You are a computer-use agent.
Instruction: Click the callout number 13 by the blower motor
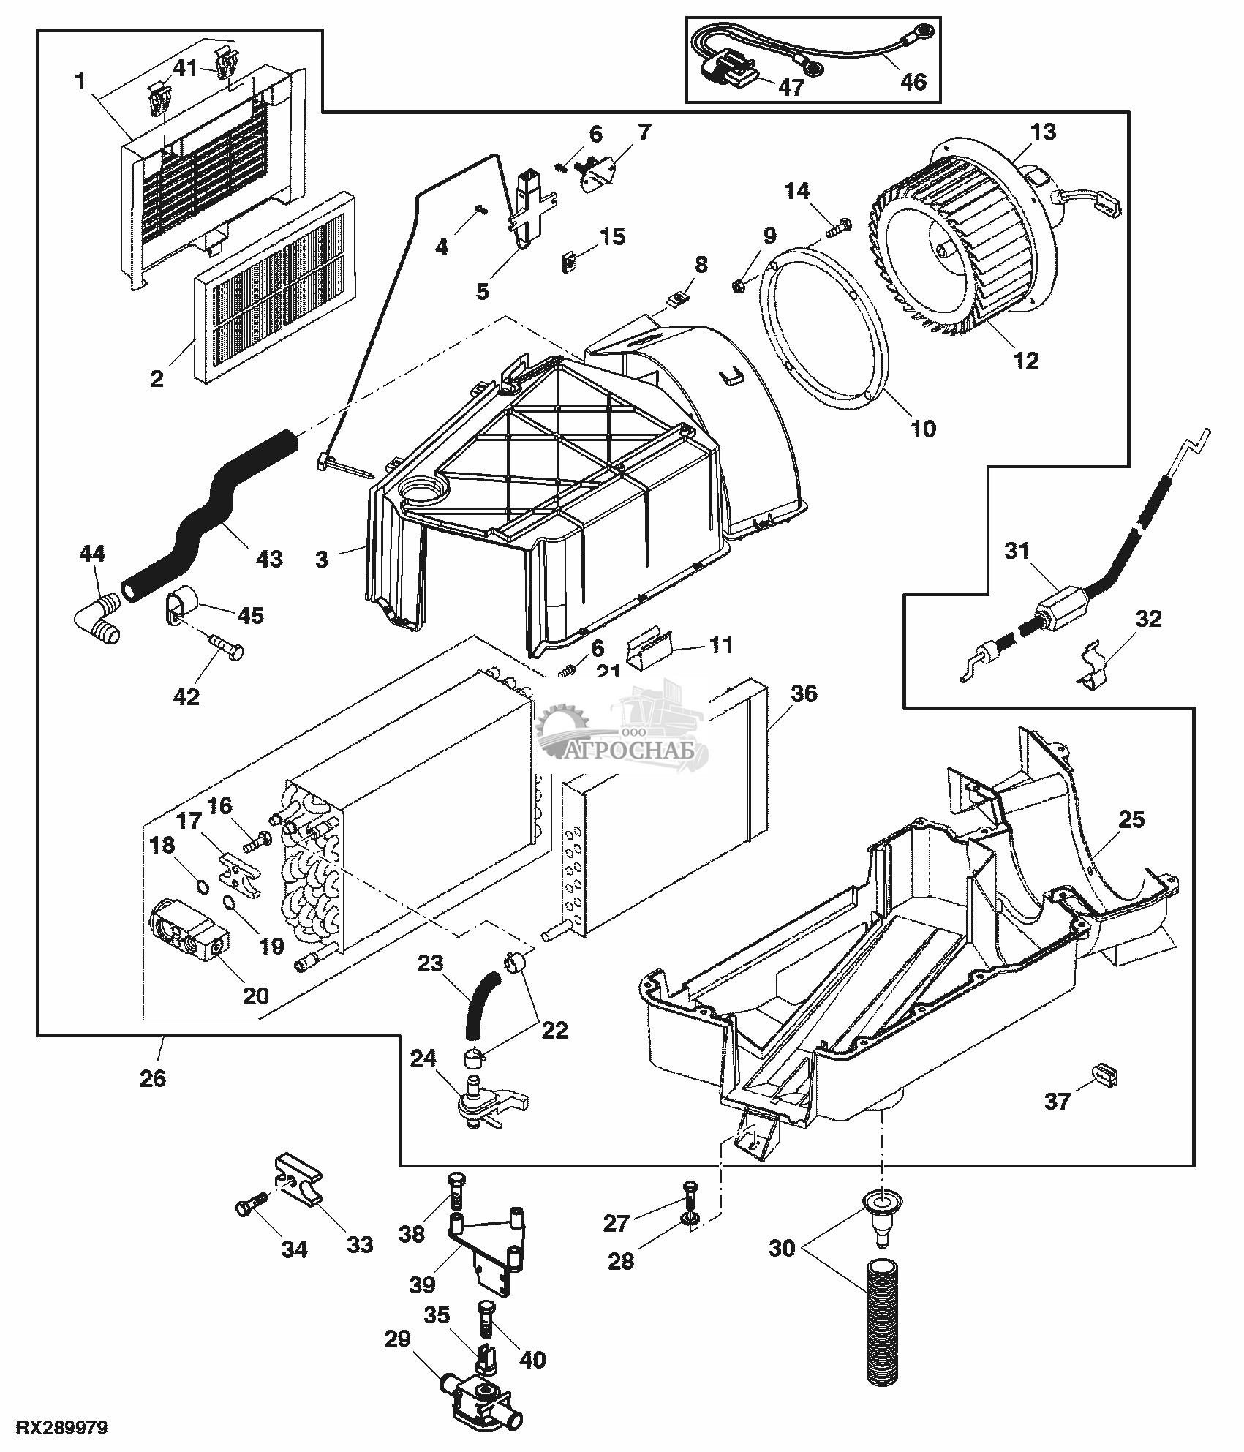[1044, 132]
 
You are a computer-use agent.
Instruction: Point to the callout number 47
[791, 87]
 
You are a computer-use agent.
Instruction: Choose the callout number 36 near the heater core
[804, 693]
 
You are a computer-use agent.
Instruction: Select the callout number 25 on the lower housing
[1131, 819]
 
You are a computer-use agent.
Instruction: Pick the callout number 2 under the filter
[157, 380]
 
